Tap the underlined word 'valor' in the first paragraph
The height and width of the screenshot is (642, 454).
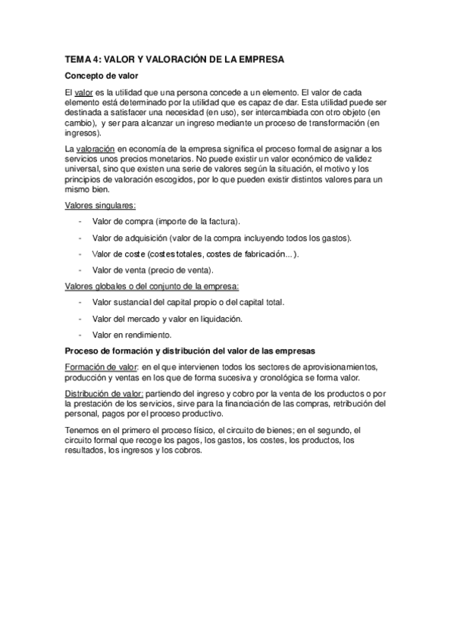(x=83, y=92)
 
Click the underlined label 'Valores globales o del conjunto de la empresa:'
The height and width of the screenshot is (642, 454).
(x=152, y=285)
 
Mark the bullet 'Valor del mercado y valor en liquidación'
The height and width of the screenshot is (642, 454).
(x=167, y=318)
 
